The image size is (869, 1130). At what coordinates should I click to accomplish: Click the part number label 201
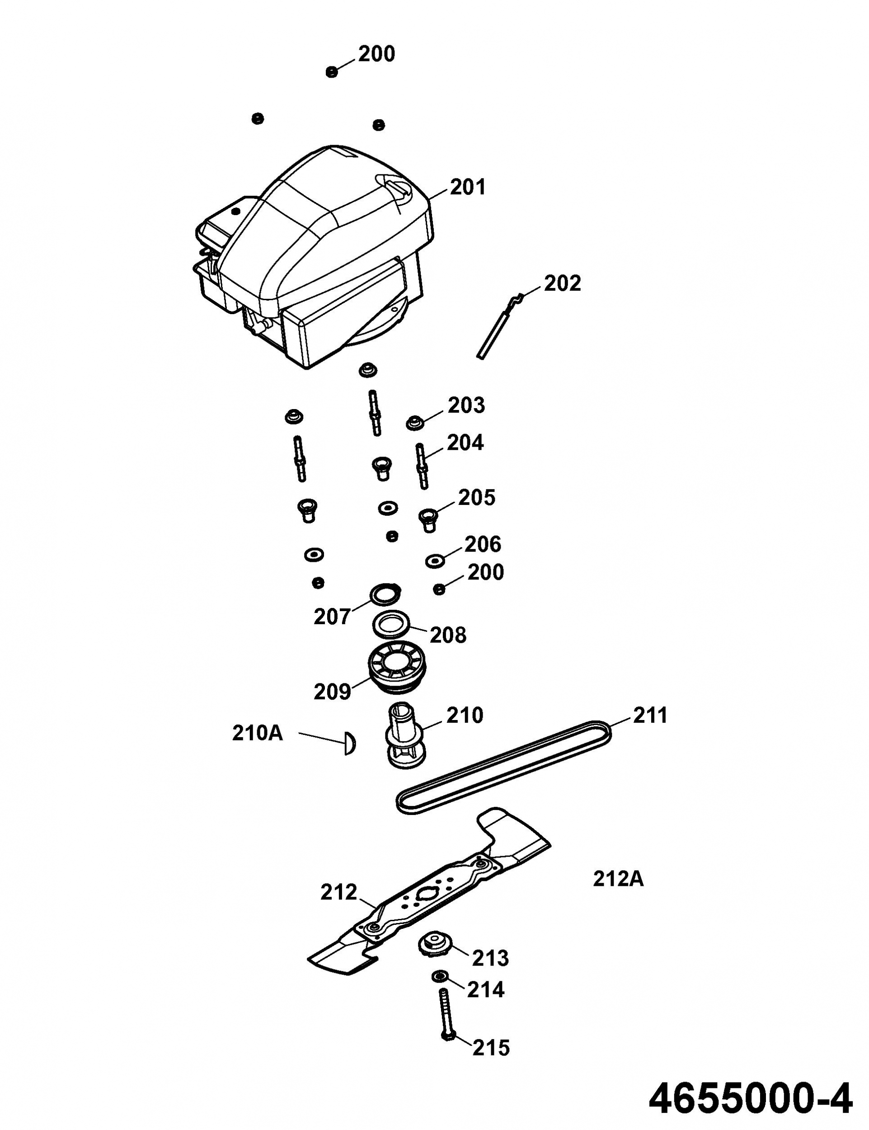pos(468,187)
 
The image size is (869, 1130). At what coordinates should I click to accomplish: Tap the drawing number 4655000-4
pos(750,1099)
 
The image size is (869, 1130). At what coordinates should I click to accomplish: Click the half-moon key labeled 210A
pos(350,743)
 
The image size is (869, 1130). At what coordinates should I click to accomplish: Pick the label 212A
pos(618,879)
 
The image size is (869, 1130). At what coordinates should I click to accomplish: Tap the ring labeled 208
pos(391,625)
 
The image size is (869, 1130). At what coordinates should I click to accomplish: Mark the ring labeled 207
pos(386,594)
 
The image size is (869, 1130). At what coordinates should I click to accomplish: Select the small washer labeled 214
pos(440,976)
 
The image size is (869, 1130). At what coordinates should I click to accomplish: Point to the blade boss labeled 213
pos(435,945)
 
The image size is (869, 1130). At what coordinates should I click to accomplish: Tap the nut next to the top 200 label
pos(332,71)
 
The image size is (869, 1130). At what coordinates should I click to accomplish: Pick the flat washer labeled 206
pos(435,560)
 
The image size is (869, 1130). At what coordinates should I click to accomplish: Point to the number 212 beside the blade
pos(339,892)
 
